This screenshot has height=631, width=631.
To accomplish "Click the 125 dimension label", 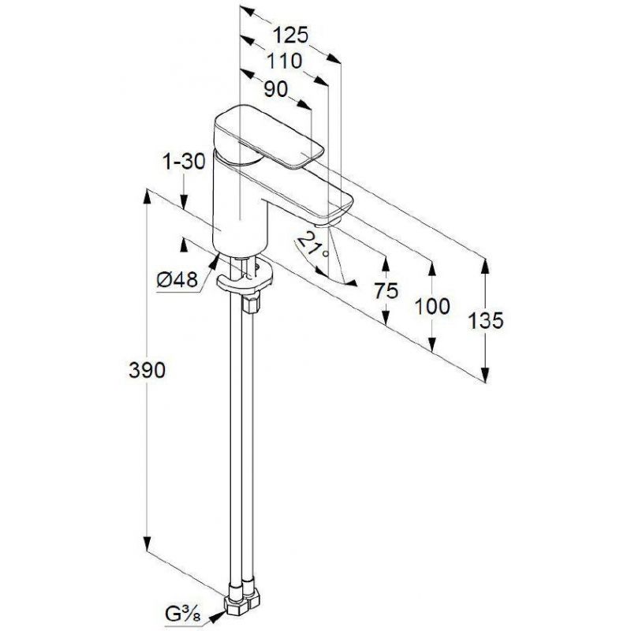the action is (290, 35).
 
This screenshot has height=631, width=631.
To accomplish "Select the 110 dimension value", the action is (285, 61).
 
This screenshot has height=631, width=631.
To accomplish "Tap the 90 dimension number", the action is (276, 89).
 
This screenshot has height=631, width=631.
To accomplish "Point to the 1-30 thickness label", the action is (184, 162).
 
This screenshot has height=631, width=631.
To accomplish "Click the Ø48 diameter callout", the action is (177, 280).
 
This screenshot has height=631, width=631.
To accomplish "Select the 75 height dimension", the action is (386, 290).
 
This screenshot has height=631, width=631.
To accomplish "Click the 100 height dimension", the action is (432, 306).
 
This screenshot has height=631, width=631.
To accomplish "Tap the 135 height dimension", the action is (486, 320).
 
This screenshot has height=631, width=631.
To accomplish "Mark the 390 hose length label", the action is (147, 370).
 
